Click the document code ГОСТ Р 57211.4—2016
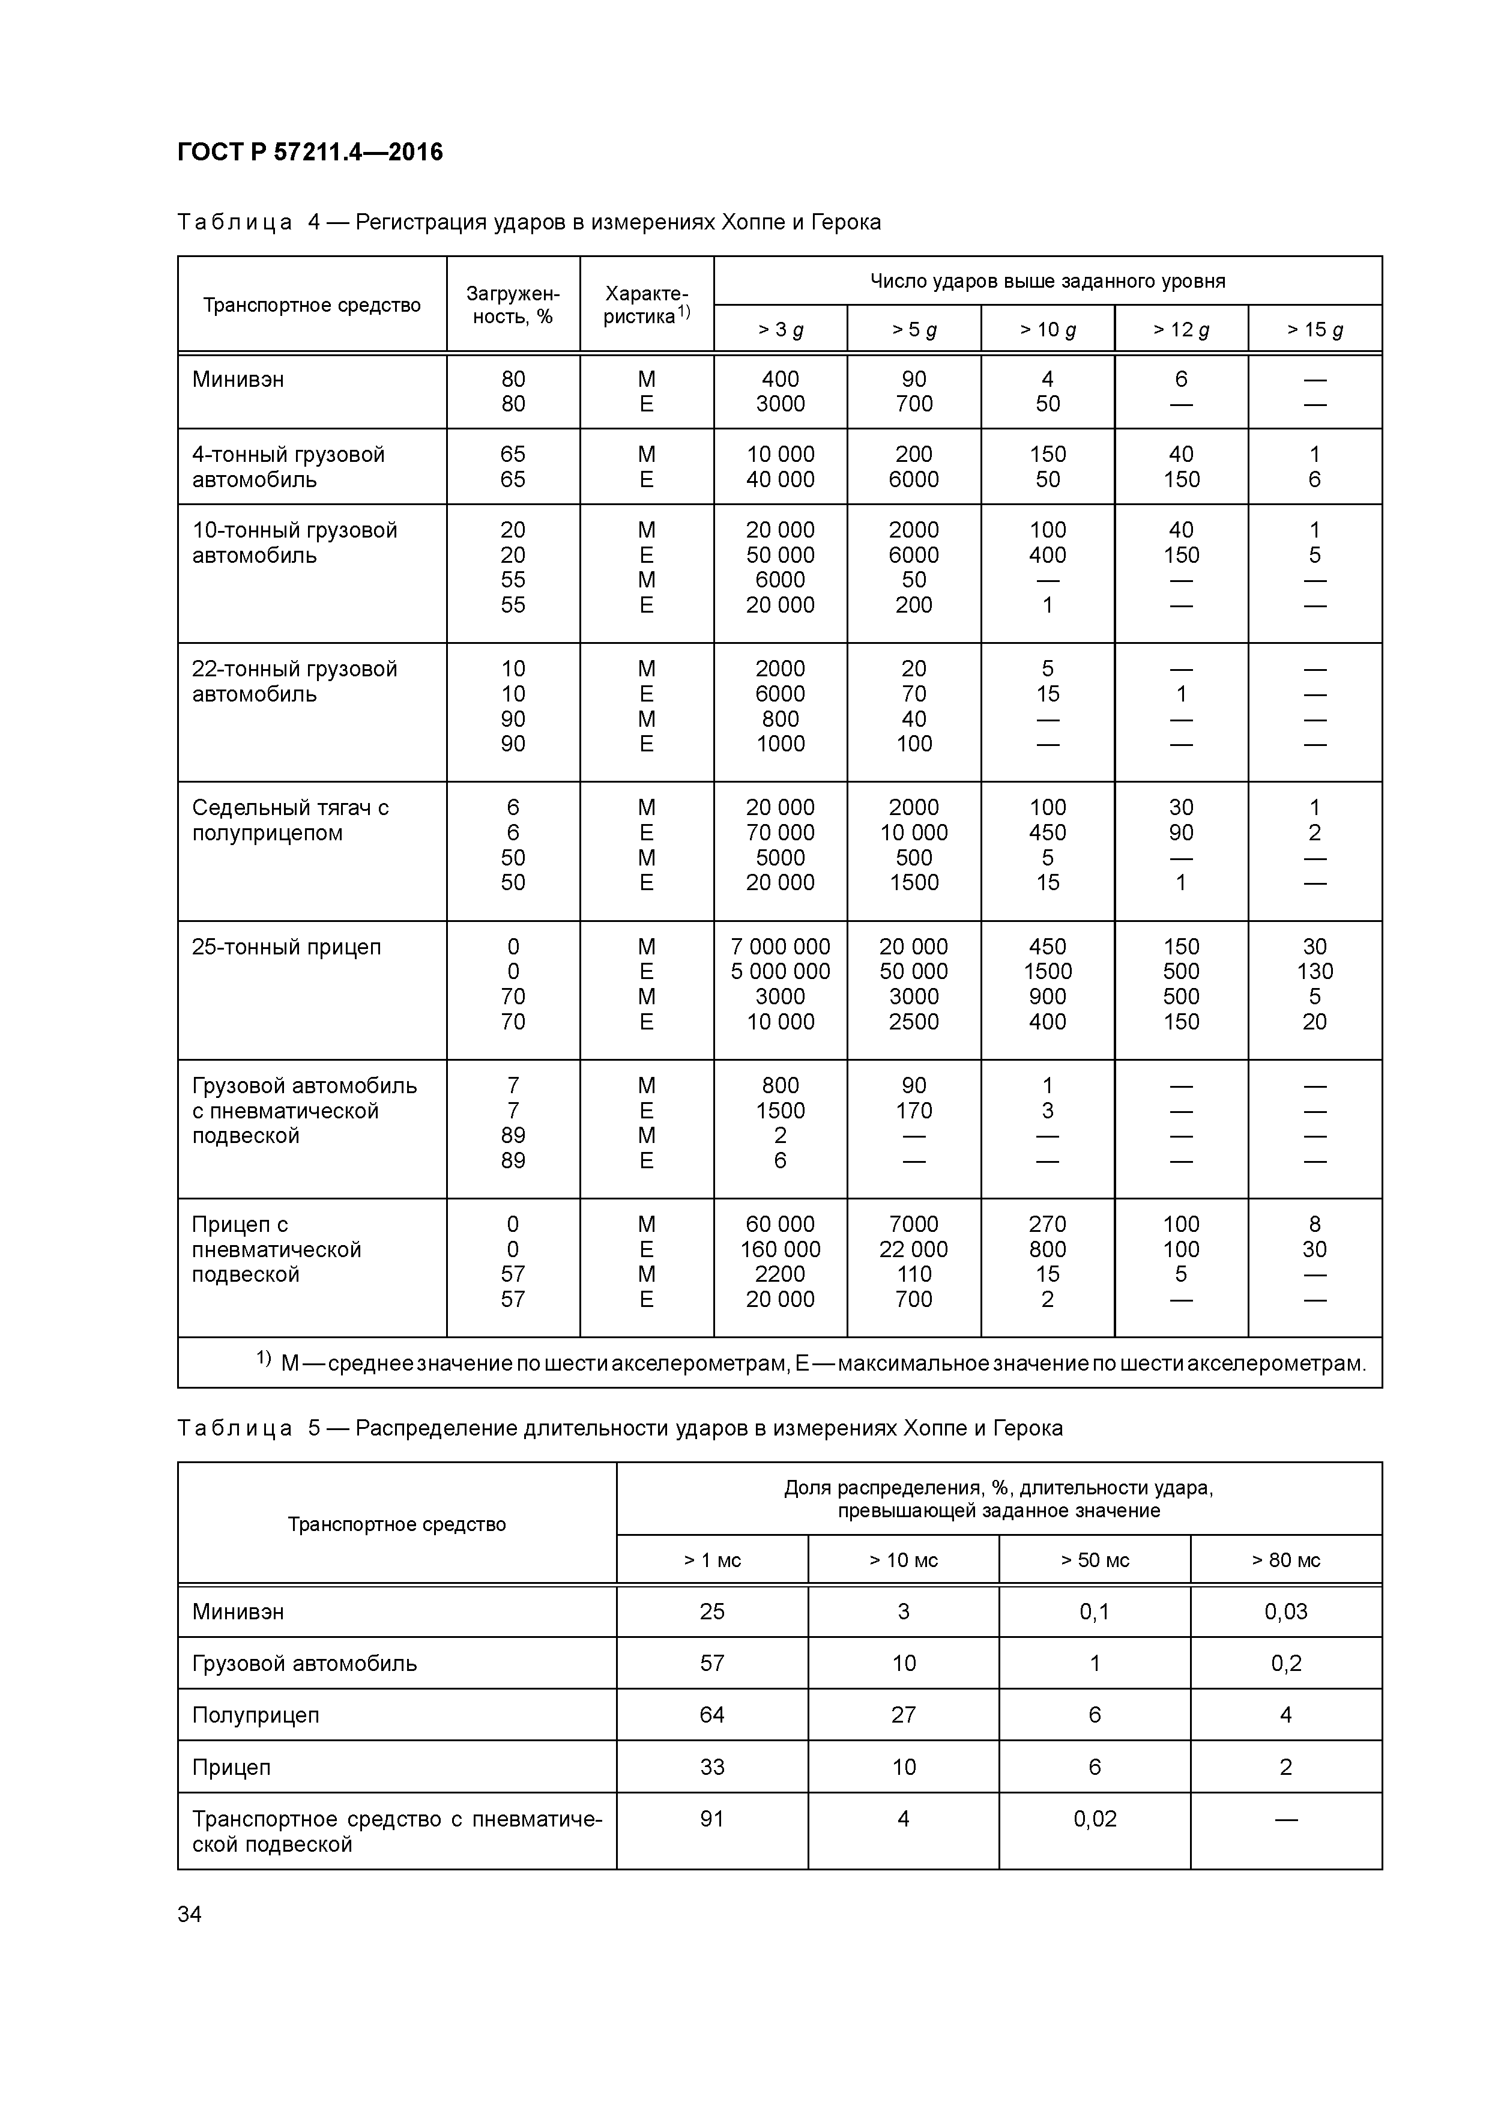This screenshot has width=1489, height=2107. (x=309, y=153)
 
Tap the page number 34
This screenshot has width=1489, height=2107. (x=189, y=1914)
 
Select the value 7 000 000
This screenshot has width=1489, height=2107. (x=780, y=946)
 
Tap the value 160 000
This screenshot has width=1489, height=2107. (x=780, y=1249)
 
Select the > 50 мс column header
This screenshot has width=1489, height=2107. (x=1095, y=1560)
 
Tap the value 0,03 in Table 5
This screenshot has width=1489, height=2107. (x=1285, y=1611)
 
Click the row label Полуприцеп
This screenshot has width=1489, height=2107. (x=255, y=1715)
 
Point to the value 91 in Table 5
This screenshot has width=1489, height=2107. (x=712, y=1819)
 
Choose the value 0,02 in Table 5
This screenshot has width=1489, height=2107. (x=1095, y=1819)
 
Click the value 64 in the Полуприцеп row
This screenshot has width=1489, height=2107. (x=712, y=1715)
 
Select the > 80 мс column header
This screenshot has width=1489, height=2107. (x=1285, y=1560)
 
